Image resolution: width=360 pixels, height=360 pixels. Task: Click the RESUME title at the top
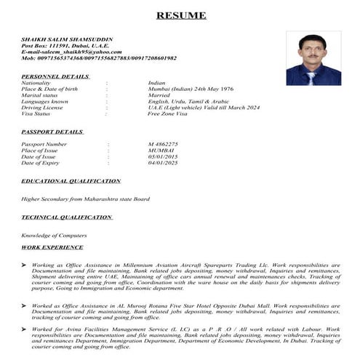coord(181,15)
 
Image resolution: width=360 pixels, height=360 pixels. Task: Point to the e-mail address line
coord(71,52)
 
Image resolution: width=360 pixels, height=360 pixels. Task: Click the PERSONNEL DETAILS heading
coord(55,76)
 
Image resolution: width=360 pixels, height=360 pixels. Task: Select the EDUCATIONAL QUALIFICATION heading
coord(71,180)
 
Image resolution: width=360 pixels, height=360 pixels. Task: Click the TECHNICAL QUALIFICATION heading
coord(66,217)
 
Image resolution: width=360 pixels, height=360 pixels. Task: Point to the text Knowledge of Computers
coord(54,235)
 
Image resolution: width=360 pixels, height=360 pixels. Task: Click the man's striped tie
coord(311,76)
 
